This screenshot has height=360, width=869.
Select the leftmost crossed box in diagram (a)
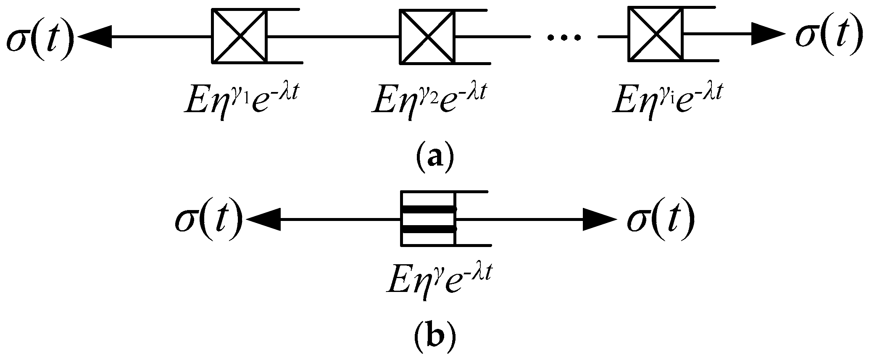tap(239, 37)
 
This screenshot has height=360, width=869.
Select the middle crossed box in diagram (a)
tap(427, 37)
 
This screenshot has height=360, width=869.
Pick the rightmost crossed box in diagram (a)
tap(655, 34)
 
